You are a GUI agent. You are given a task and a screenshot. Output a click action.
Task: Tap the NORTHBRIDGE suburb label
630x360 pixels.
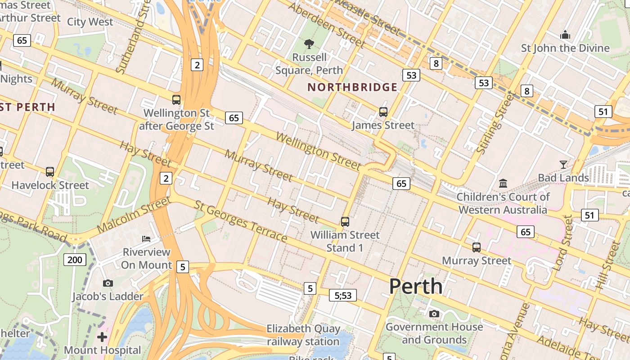point(352,87)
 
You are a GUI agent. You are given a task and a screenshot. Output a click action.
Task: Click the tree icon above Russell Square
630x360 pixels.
point(309,44)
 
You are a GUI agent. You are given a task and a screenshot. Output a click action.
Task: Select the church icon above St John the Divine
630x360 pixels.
point(565,35)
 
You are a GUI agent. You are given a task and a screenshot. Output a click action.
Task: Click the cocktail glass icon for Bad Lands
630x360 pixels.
point(563,164)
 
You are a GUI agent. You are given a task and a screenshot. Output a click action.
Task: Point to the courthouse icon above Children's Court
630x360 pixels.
point(503,183)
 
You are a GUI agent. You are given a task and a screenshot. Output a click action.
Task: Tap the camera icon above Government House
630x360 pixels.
point(434,314)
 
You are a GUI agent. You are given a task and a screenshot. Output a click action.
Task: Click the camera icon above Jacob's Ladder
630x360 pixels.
point(108,283)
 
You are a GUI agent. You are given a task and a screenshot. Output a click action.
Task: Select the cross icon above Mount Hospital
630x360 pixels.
point(102,337)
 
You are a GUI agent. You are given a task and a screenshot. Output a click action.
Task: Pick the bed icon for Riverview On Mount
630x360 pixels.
point(146,238)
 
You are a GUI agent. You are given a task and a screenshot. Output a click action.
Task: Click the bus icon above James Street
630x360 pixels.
point(383,112)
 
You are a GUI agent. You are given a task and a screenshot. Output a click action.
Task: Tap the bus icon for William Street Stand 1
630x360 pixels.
point(345,221)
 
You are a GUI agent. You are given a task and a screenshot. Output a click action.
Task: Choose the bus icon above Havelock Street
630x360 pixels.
point(50,171)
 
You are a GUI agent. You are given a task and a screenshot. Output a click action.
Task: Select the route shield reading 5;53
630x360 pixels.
point(342,295)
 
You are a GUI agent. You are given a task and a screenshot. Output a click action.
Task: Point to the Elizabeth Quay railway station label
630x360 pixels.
point(303,335)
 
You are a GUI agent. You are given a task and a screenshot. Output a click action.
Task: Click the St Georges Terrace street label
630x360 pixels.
point(241,221)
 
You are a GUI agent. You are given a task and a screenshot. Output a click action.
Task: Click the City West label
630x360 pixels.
point(90,22)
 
